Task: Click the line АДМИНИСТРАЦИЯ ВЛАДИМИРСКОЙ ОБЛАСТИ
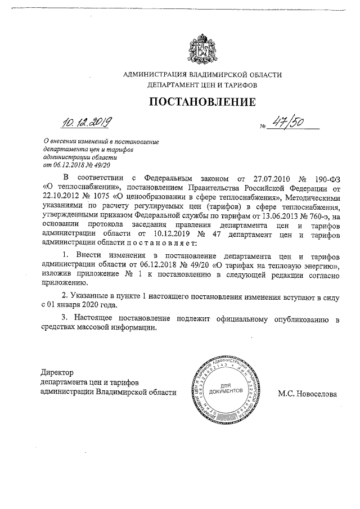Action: [202, 75]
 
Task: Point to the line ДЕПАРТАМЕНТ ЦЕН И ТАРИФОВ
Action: [202, 85]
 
